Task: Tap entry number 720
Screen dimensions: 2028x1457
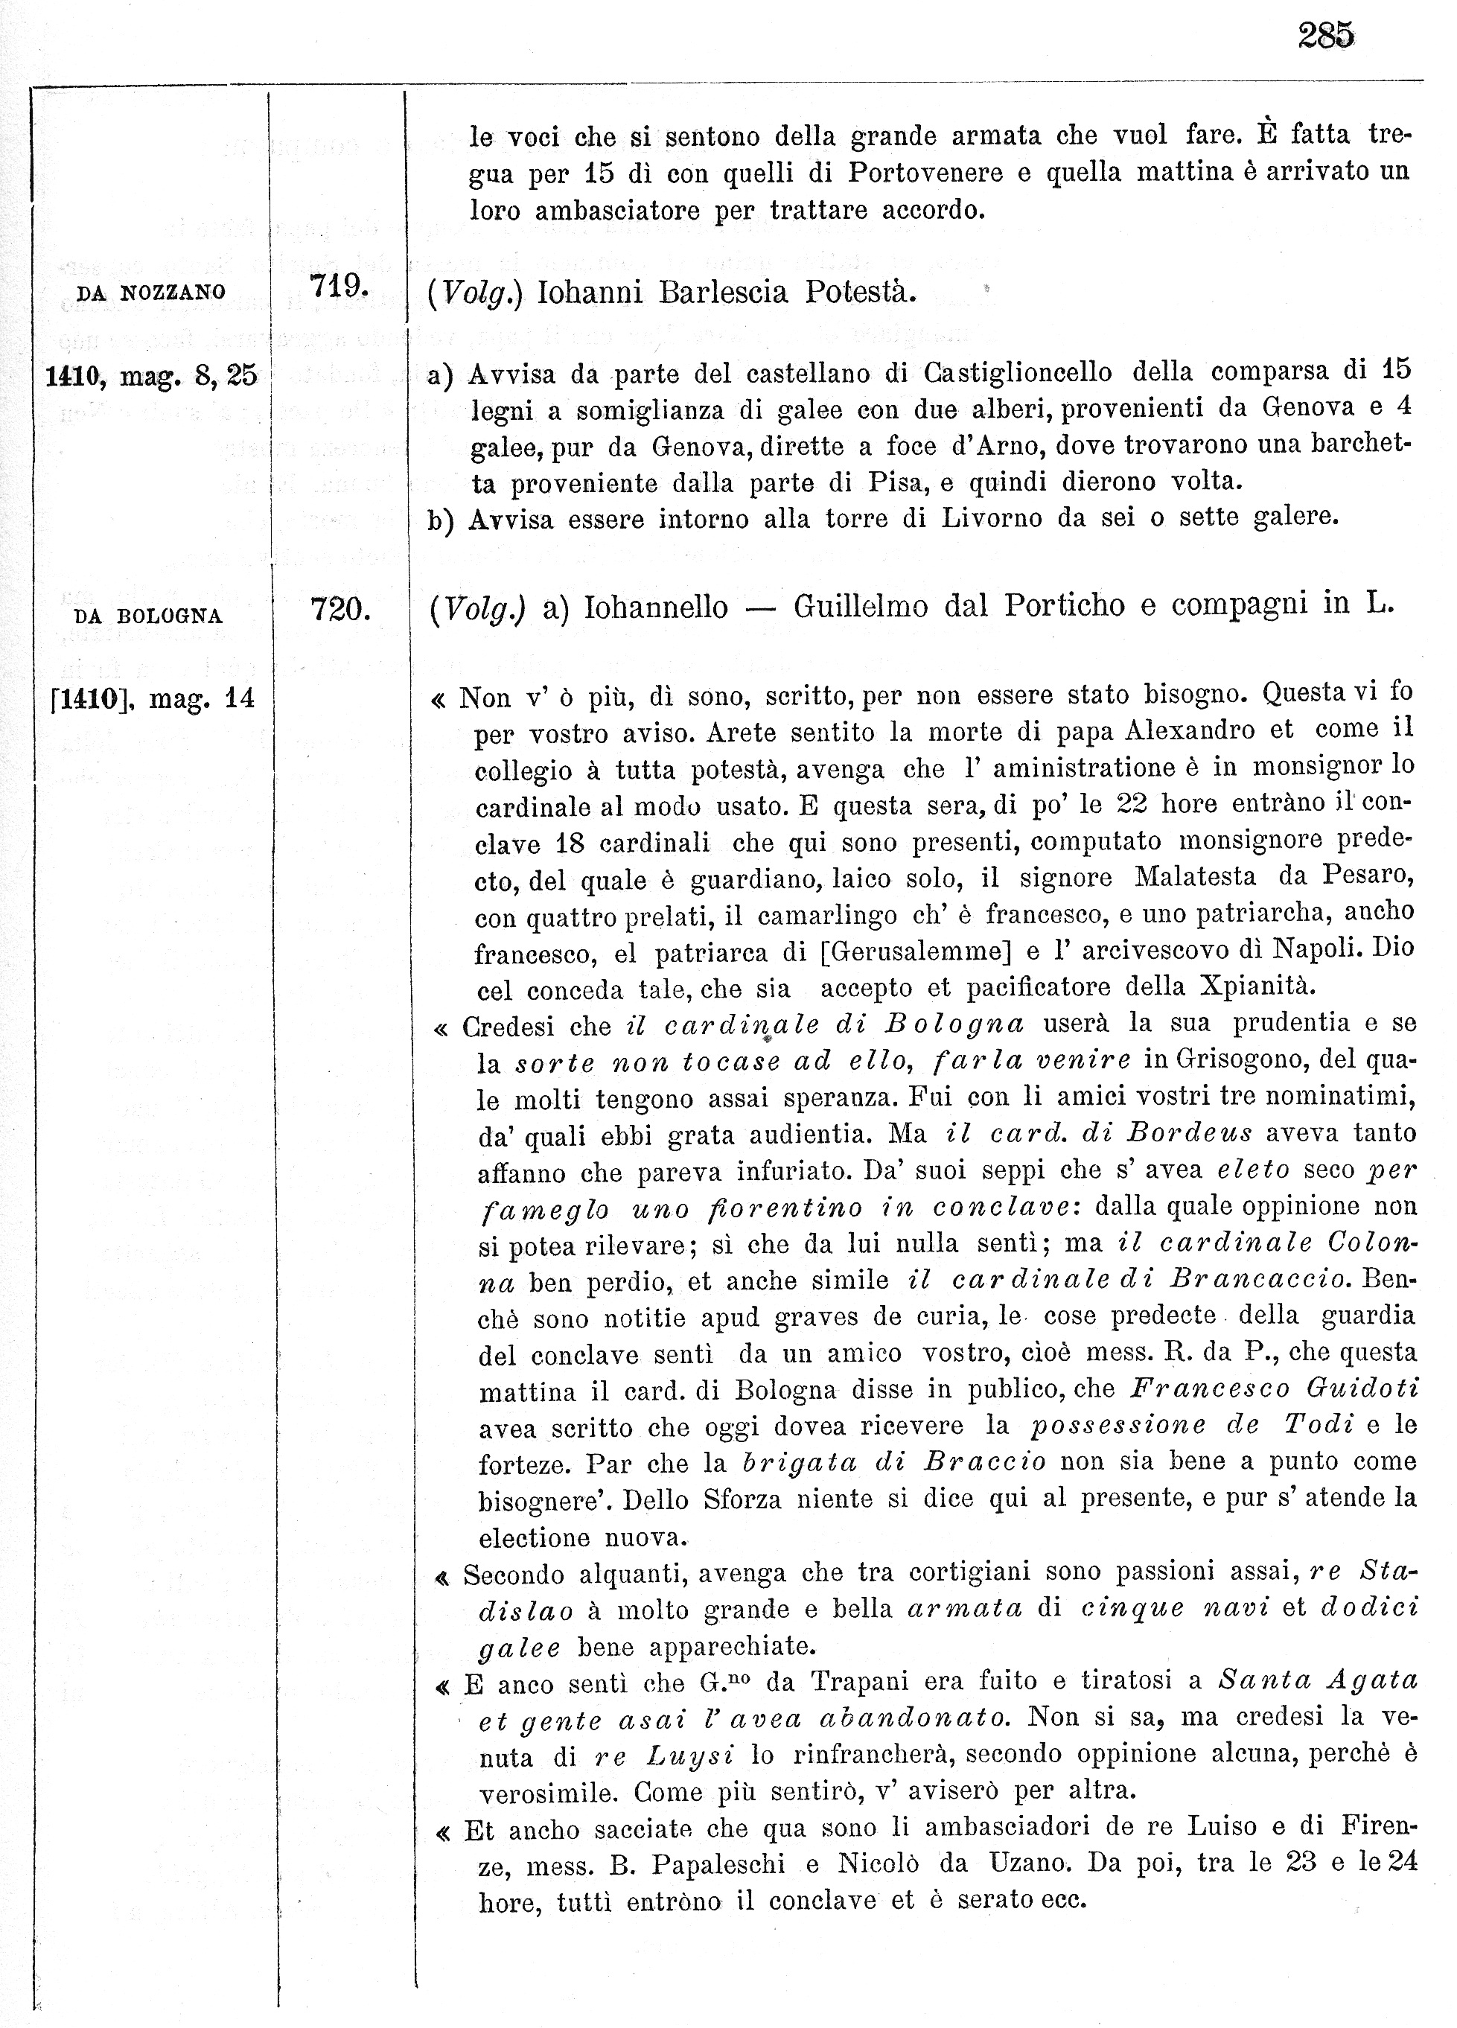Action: coord(340,610)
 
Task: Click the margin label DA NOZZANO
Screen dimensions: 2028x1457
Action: coord(151,293)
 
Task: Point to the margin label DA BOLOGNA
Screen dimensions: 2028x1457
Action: coord(148,616)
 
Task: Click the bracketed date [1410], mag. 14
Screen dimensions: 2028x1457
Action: coord(153,698)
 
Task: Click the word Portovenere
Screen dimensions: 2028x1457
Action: coord(925,173)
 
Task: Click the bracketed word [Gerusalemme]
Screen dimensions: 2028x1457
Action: coord(915,951)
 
